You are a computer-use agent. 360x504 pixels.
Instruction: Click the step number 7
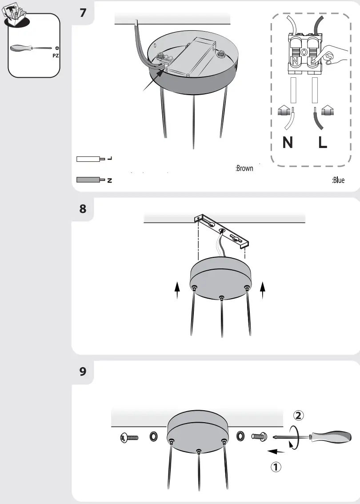83,13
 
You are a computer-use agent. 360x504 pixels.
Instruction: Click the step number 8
83,208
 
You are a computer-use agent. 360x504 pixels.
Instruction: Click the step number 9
83,371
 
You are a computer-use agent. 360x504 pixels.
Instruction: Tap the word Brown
244,168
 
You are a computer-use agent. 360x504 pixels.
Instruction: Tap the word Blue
338,180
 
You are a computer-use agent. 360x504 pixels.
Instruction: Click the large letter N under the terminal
288,143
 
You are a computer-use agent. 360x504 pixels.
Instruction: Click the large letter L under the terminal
323,143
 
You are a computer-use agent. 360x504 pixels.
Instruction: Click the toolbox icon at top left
13,16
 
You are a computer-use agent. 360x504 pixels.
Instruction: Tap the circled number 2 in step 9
299,415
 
